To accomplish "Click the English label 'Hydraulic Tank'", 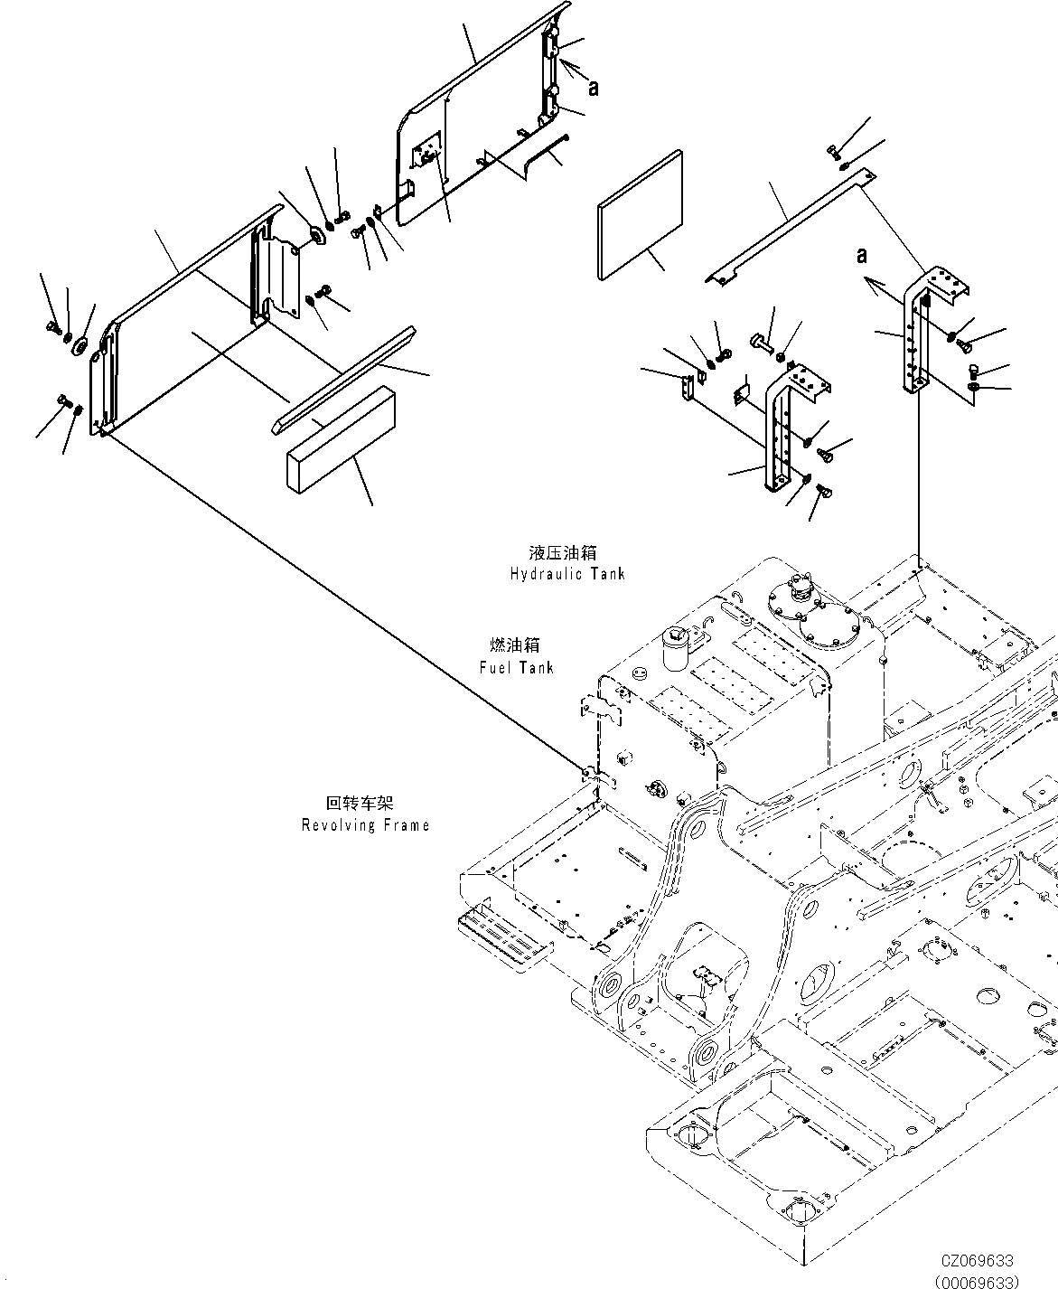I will coord(566,574).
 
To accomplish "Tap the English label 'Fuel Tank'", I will coord(516,667).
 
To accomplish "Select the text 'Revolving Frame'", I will coord(365,825).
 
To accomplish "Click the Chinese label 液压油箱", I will coord(563,552).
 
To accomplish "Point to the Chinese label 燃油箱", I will coord(515,645).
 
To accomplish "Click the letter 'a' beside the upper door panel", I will coord(594,88).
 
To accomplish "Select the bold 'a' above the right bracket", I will coord(862,256).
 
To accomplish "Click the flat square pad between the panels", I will coord(640,213).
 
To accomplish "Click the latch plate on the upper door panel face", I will coord(426,149).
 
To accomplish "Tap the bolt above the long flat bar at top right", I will coord(833,151).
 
